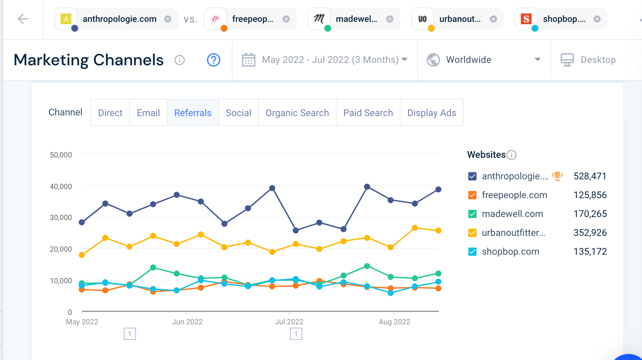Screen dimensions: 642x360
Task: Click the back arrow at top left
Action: [23, 19]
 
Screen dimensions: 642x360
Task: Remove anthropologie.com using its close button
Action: [168, 19]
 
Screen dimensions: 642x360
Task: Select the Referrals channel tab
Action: [193, 113]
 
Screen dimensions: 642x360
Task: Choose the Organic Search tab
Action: [297, 113]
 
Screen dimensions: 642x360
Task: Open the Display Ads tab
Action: [432, 113]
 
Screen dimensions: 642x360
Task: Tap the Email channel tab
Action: [148, 113]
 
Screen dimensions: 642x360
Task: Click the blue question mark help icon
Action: [214, 60]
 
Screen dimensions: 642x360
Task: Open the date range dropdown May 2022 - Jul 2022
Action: [325, 60]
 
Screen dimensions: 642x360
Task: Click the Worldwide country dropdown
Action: [484, 60]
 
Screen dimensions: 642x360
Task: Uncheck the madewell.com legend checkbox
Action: [472, 214]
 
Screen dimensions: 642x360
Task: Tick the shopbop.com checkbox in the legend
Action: [472, 252]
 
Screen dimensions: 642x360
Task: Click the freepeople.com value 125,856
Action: [590, 195]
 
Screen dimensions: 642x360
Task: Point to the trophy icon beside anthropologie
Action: [557, 176]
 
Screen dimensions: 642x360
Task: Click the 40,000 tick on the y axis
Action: [61, 186]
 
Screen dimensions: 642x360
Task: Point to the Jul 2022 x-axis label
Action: [289, 322]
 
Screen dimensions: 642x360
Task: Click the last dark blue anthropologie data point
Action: [438, 189]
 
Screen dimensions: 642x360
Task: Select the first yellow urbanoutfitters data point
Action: [82, 255]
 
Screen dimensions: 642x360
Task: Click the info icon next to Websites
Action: [511, 155]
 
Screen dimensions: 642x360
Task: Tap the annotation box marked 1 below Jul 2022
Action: [296, 334]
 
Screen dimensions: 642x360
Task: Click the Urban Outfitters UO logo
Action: [423, 19]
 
